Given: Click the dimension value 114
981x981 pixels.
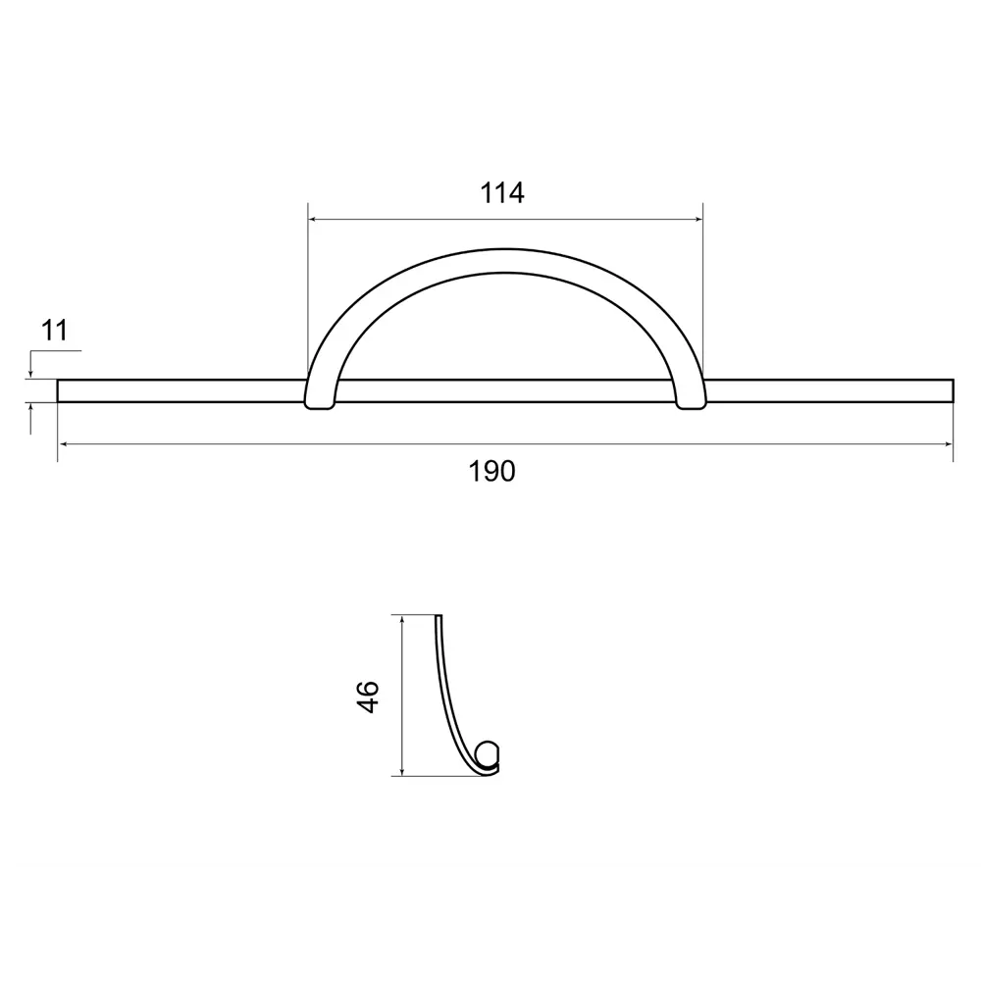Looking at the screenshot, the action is pos(501,193).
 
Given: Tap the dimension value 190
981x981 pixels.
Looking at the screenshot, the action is pos(491,472).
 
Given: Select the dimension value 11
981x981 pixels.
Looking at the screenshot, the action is pos(54,331).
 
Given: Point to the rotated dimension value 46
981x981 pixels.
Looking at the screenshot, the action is pos(368,697).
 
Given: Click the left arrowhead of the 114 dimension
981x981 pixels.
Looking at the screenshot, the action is pos(314,220).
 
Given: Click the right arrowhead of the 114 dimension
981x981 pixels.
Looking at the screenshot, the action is pos(697,220).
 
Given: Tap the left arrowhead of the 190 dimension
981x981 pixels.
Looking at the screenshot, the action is pos(63,444).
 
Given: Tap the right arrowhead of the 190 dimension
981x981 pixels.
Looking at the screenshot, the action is pos(948,444).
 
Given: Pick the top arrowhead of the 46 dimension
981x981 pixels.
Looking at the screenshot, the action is pos(402,621).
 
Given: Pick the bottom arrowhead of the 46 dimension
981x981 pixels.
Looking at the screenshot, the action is pos(402,770).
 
